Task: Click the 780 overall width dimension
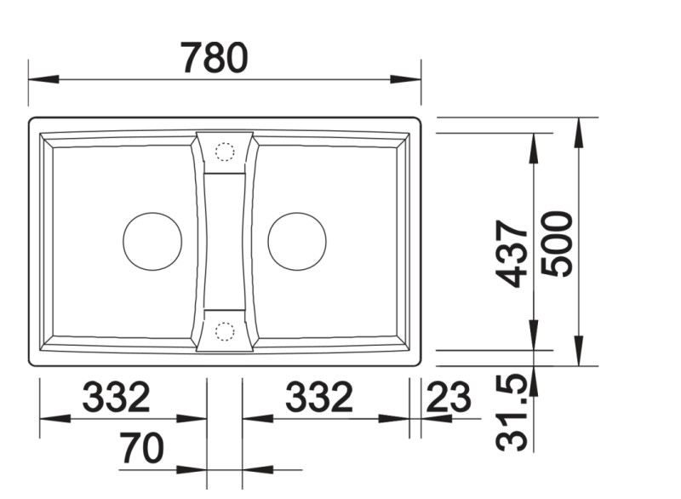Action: coord(215,58)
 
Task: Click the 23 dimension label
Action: coord(448,398)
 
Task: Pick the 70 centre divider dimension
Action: coord(141,449)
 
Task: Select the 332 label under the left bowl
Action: coord(116,398)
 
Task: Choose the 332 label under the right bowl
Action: coord(318,398)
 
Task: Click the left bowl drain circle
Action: coord(152,241)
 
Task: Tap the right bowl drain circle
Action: coord(297,241)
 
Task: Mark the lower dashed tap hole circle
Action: coord(225,330)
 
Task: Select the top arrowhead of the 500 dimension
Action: coord(579,129)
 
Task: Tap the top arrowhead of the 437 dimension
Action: coord(534,146)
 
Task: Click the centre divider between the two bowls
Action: coord(225,241)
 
